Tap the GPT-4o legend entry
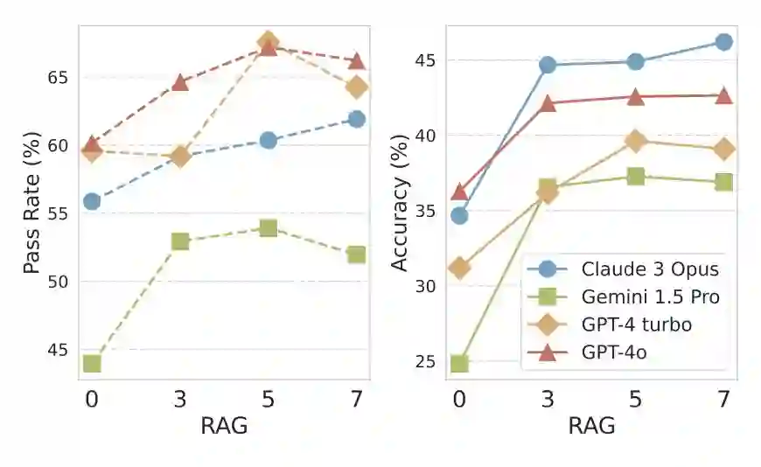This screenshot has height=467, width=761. coord(609,352)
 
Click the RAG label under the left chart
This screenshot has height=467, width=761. coord(224,427)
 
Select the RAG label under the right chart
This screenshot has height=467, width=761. coord(591,427)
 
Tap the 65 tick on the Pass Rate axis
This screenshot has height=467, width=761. coord(58,77)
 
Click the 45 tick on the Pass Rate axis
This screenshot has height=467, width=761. coord(58,350)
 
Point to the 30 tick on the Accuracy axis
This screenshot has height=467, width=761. coord(425,286)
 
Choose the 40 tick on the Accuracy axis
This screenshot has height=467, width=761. coord(425,136)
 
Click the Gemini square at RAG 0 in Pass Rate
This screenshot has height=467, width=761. coord(92,363)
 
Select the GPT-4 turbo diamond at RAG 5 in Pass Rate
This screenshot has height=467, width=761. coord(269,42)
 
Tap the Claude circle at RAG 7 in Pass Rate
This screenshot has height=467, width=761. coord(356,119)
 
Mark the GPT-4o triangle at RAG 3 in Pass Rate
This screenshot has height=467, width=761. coord(180,82)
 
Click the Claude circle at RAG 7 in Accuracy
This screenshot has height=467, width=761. coord(723,42)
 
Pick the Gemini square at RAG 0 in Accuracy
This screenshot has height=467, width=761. coord(459,363)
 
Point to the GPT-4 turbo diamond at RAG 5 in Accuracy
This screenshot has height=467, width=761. coord(636,141)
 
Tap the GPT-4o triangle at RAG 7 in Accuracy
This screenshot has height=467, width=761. coord(723,95)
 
